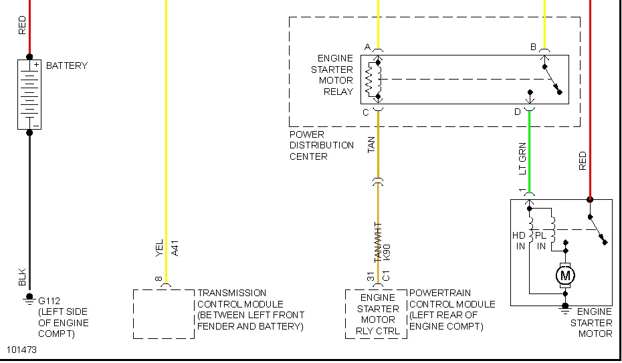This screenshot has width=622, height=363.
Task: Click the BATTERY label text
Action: point(67,66)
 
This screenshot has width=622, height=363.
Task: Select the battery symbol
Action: point(29,94)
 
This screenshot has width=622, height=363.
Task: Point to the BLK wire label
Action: point(22,277)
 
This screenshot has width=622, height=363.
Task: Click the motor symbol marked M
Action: point(565,275)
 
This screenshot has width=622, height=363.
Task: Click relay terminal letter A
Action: point(367,47)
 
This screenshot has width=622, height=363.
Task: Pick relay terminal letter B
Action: point(533,47)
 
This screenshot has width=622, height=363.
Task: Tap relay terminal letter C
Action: point(366,112)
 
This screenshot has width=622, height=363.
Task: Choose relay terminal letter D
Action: point(517,112)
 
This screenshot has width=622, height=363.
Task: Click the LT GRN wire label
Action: point(523,159)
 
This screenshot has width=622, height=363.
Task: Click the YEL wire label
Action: point(159,249)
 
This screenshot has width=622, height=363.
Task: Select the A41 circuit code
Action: point(175,249)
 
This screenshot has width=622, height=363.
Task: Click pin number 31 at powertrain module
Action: point(369,277)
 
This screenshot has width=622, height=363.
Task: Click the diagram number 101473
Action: point(23,350)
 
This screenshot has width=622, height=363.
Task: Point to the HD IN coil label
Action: point(520,241)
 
